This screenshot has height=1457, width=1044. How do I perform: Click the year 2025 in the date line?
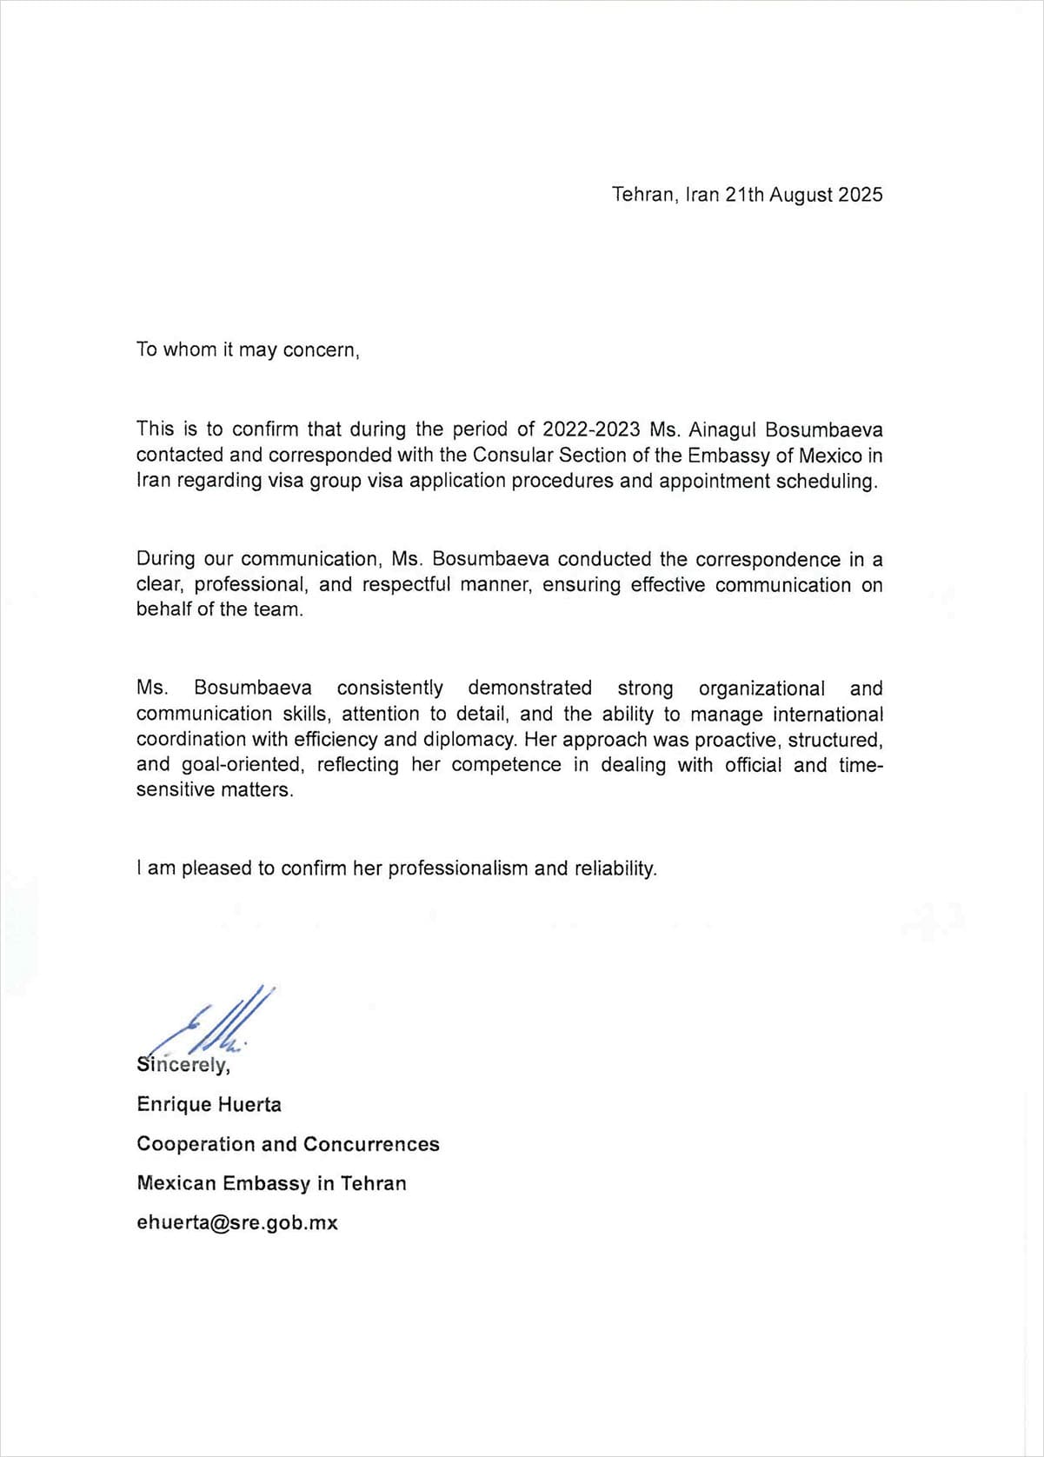point(860,195)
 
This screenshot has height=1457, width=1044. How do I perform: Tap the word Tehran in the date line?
point(642,195)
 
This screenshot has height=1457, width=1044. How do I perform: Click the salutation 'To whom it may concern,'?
point(248,349)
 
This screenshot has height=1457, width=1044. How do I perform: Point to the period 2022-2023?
point(591,429)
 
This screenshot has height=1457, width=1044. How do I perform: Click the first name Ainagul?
point(723,429)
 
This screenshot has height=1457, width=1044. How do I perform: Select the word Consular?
point(513,455)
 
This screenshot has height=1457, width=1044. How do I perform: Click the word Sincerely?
point(183,1065)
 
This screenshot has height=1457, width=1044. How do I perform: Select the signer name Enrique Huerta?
point(209,1104)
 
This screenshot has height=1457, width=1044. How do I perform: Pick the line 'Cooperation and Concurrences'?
point(288,1144)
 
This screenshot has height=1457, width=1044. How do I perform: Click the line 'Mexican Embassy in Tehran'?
point(271,1183)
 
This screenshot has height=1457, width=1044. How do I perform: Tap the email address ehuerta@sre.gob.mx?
point(236,1222)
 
